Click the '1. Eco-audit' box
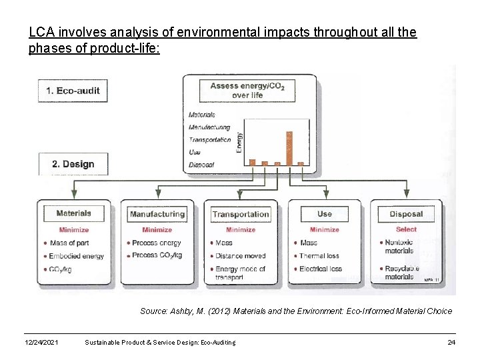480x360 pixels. click(73, 91)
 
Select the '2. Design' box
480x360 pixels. click(73, 164)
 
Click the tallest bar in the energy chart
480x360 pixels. click(289, 147)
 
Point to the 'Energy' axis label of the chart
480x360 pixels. click(240, 141)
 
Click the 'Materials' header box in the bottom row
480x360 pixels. click(73, 214)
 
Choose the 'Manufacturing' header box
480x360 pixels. click(157, 214)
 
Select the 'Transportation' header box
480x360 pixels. click(241, 214)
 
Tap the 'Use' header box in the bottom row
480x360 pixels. click(324, 214)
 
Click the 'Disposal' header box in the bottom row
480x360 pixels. click(406, 214)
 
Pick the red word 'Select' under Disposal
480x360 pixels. click(406, 229)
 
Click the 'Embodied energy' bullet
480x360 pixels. click(77, 256)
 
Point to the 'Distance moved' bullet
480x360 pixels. click(240, 256)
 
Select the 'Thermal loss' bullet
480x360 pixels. click(319, 256)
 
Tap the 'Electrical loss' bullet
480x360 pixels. click(321, 269)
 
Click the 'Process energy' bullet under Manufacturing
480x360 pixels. click(156, 243)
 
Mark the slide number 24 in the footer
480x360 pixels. click(451, 342)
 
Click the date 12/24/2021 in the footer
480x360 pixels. click(41, 342)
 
